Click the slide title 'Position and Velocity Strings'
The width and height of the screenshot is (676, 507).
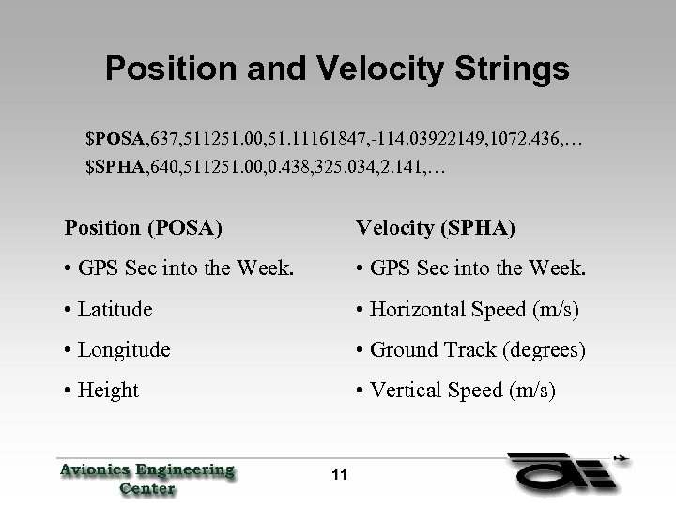click(337, 68)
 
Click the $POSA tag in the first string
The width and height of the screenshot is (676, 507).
click(114, 140)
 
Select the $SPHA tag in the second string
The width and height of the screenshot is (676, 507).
click(114, 168)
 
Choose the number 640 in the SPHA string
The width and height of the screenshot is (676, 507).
click(165, 168)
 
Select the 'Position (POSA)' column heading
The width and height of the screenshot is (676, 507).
click(143, 227)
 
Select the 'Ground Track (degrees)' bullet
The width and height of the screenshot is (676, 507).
click(470, 349)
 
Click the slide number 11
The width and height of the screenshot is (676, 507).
click(338, 474)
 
